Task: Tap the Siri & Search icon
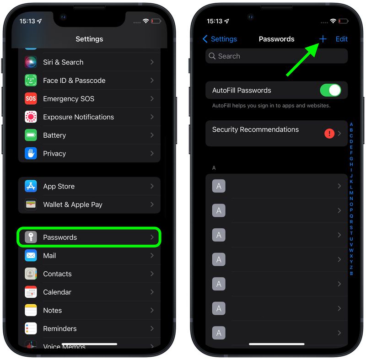click(x=31, y=62)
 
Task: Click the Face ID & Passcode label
click(x=74, y=81)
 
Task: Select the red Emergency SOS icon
click(x=31, y=99)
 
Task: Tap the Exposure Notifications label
click(x=78, y=117)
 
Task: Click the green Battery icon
click(x=31, y=135)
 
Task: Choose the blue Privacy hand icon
click(x=31, y=154)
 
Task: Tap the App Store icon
click(x=31, y=186)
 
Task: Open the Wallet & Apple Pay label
click(x=72, y=204)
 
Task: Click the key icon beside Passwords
click(x=31, y=237)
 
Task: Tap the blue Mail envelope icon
click(x=31, y=256)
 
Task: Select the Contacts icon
click(x=31, y=274)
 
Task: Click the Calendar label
click(x=57, y=292)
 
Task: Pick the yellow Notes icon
click(x=31, y=311)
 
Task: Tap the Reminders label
click(x=59, y=329)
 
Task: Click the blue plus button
click(x=323, y=39)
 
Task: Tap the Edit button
click(x=342, y=39)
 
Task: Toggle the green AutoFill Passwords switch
click(x=330, y=90)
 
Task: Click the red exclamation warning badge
click(x=329, y=134)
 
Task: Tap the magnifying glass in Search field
click(x=212, y=56)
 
